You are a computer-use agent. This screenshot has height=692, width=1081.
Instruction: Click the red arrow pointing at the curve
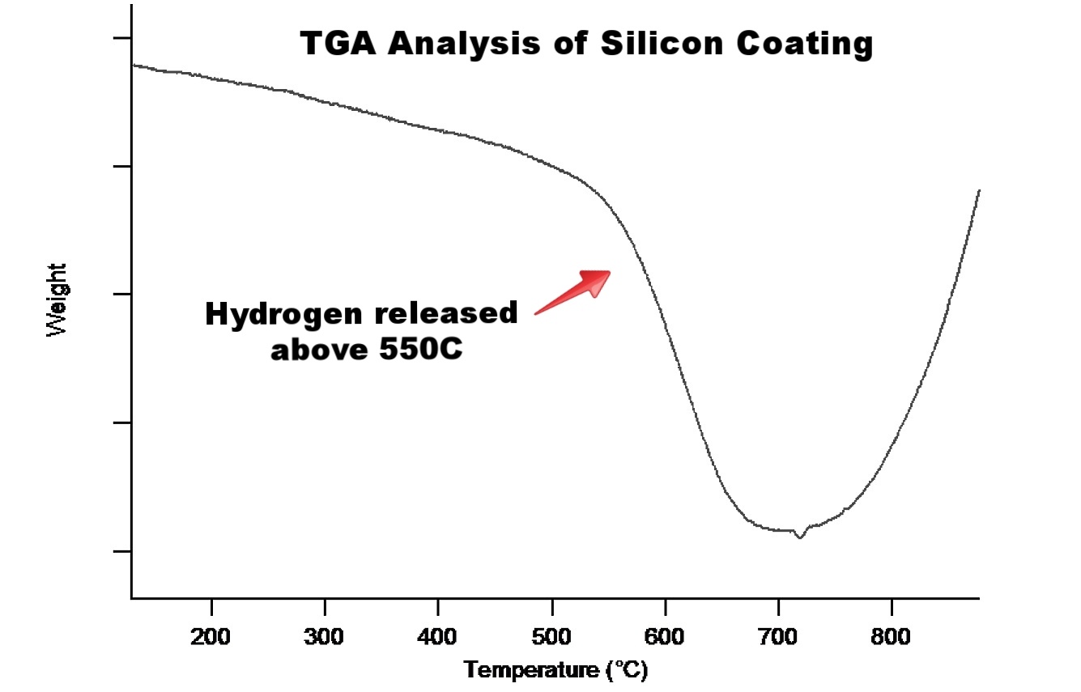coord(573,291)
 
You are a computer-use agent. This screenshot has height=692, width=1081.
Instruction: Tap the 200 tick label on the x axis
coord(211,636)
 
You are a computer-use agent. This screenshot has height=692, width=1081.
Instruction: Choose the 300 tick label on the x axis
coord(325,636)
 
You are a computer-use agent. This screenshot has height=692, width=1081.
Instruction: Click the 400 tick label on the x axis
coord(438,636)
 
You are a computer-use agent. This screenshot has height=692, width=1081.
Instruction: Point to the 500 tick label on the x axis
coord(551,636)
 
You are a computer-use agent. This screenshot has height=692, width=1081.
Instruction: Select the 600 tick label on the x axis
coord(665,636)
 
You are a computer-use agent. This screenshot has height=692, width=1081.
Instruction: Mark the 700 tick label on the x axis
coord(778,636)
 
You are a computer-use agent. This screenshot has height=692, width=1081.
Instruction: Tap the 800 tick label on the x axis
coord(892,636)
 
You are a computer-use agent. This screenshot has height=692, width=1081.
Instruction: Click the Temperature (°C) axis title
coord(556,670)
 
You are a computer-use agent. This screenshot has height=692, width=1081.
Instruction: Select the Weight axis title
coord(57,299)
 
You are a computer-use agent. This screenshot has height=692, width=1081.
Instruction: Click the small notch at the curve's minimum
coord(800,535)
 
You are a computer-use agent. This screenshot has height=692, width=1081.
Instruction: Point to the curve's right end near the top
coord(979,191)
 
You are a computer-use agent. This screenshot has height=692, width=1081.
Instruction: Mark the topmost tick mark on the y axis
coord(121,38)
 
